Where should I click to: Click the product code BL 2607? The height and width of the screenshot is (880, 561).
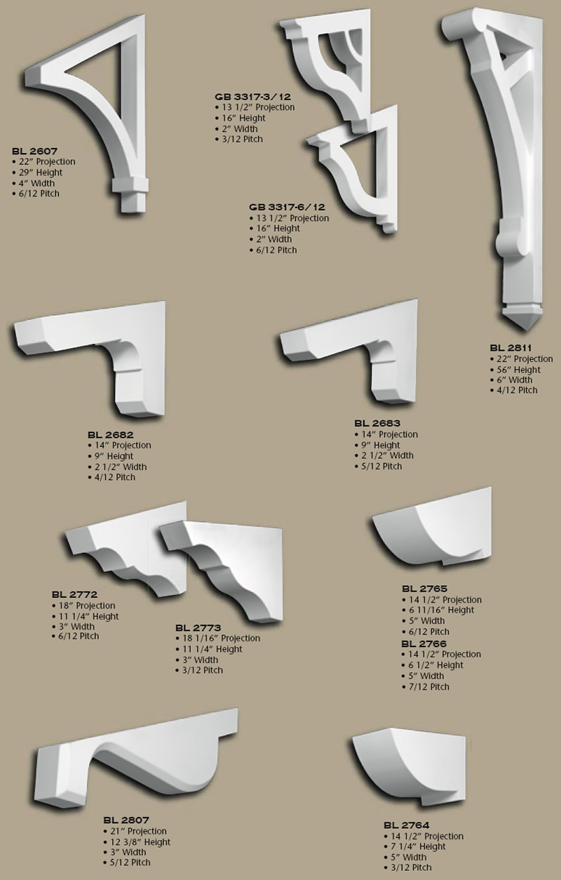34,151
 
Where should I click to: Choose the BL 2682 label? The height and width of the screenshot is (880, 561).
110,434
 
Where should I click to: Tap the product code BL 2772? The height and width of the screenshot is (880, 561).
74,594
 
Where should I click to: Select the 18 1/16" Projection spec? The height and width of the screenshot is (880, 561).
220,638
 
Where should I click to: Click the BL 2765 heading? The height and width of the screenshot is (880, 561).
424,588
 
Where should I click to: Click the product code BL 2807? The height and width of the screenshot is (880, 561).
126,820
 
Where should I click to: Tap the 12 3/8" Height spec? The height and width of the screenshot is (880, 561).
140,841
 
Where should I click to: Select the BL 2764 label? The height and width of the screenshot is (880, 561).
406,825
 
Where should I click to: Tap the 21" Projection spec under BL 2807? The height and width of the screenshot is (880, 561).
138,831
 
